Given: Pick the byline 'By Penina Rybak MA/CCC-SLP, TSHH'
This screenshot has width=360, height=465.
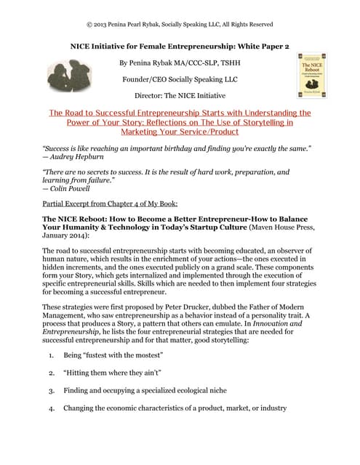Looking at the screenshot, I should pos(180,62).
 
